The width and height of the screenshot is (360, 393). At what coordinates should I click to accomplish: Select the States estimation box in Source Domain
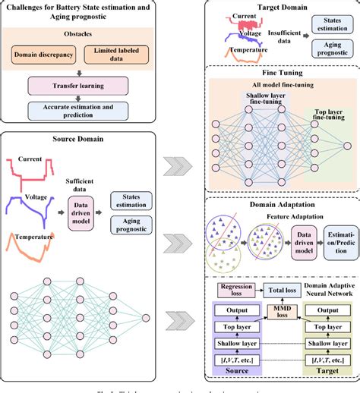(128, 200)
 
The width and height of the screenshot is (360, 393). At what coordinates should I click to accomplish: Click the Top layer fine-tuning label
(327, 115)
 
